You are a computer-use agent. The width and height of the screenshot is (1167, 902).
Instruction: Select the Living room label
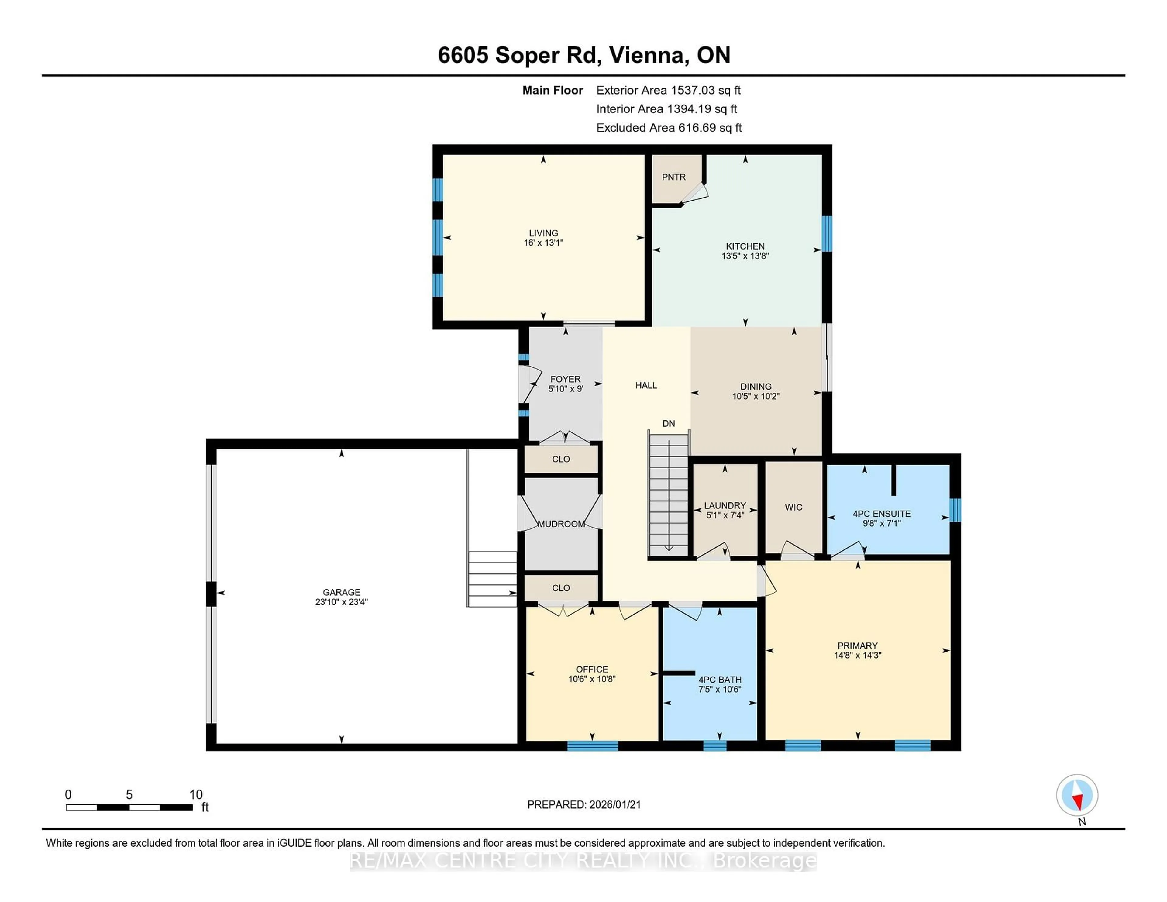tap(543, 233)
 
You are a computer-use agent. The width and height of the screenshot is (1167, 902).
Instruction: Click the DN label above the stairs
tap(669, 424)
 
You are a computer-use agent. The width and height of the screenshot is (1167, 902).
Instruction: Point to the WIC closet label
tap(793, 507)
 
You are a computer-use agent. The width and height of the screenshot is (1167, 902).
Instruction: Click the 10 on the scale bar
tap(196, 795)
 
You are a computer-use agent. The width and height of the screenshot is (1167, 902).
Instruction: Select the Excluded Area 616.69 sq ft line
tap(669, 128)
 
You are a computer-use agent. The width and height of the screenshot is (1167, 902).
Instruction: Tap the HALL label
tap(646, 386)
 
